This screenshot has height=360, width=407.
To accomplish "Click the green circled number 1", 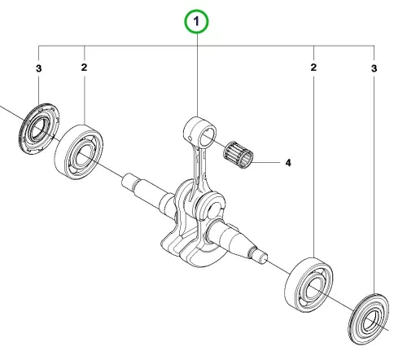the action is pyautogui.click(x=196, y=21).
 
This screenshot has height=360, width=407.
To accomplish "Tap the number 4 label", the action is pyautogui.click(x=288, y=163).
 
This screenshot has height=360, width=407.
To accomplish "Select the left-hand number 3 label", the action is pyautogui.click(x=39, y=68).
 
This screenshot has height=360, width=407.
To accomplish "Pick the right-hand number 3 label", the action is pyautogui.click(x=374, y=68).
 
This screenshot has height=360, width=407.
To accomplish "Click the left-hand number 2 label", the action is pyautogui.click(x=84, y=68).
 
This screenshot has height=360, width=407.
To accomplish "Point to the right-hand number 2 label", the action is pyautogui.click(x=313, y=68).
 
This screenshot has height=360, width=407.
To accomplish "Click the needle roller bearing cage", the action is pyautogui.click(x=239, y=155).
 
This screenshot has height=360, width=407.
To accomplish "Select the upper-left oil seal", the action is pyautogui.click(x=39, y=129).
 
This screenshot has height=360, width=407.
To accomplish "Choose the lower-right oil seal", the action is pyautogui.click(x=369, y=319).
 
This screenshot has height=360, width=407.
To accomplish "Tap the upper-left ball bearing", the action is pyautogui.click(x=79, y=152).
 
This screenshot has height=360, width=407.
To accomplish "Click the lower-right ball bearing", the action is pyautogui.click(x=309, y=285).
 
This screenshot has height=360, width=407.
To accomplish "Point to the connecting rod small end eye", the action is pyautogui.click(x=200, y=133).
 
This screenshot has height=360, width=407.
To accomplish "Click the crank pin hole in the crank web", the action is pyautogui.click(x=214, y=209).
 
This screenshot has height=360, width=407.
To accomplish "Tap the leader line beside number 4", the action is pyautogui.click(x=266, y=163).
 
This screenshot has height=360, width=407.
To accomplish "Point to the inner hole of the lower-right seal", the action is pyautogui.click(x=370, y=320).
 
